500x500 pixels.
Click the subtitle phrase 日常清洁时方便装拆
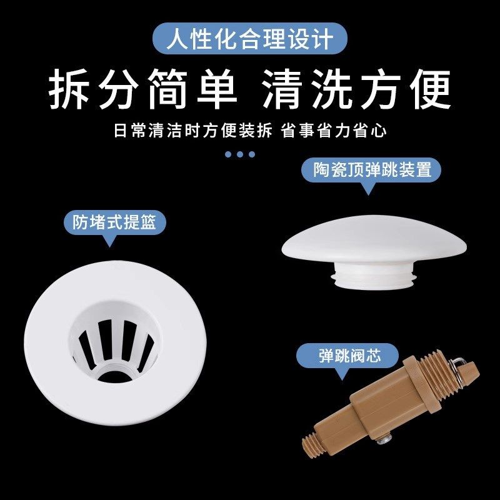pos(193,131)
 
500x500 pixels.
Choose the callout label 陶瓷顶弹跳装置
pos(372,170)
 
